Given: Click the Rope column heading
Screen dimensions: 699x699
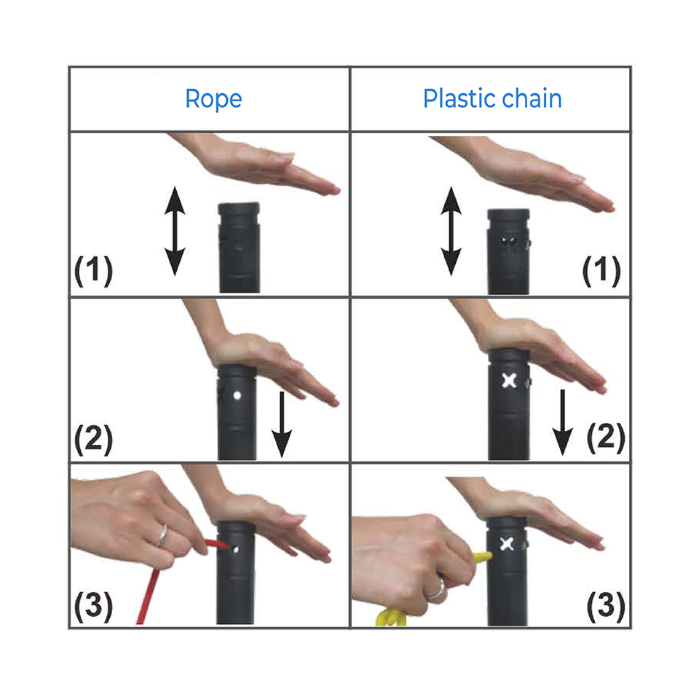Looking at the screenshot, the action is point(213,99).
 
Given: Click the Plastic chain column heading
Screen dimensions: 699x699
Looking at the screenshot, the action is point(492,98).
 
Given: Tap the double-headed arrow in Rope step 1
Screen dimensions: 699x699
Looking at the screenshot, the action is point(175,231).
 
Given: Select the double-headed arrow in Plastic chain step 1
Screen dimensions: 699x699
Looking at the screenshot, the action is point(451,231).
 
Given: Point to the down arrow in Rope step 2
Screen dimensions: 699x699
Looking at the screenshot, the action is point(282,424).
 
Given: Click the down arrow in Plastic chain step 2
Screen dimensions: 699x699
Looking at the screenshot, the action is point(563,422).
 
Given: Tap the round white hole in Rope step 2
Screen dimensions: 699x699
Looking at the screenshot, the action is point(237,395).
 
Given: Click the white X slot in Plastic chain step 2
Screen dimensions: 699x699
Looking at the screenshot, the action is point(509,381).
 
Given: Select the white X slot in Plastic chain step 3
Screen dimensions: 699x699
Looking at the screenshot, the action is point(507,544).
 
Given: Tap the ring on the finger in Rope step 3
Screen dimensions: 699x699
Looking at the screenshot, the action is point(162,535).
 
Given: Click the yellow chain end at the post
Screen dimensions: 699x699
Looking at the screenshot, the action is point(483,557).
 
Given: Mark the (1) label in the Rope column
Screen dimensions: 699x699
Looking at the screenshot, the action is point(94,271).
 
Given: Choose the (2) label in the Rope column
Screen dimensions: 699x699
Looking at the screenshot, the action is point(94,439).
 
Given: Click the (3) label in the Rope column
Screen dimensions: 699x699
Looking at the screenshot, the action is point(94,607).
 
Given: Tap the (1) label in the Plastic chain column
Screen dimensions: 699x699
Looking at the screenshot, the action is point(602,271).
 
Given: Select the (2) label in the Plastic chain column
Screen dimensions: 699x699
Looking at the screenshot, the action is point(606,438).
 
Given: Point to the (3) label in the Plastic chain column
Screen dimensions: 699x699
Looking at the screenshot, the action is point(606,607).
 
